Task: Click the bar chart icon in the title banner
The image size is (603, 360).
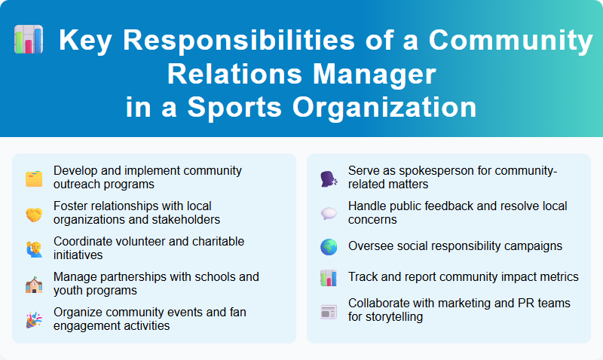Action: point(29,41)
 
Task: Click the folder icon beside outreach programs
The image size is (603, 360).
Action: point(34,178)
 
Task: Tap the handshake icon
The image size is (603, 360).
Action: point(34,213)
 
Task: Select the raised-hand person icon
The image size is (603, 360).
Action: point(34,248)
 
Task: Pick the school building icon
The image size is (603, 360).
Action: point(34,283)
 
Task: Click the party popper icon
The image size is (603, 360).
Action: point(34,319)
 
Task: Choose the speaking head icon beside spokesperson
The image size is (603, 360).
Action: point(329,178)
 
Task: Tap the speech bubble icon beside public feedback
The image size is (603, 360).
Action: point(329,213)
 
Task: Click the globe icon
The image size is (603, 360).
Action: point(329,246)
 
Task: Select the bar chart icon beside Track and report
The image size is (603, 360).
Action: point(329,277)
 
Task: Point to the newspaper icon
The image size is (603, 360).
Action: point(329,310)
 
